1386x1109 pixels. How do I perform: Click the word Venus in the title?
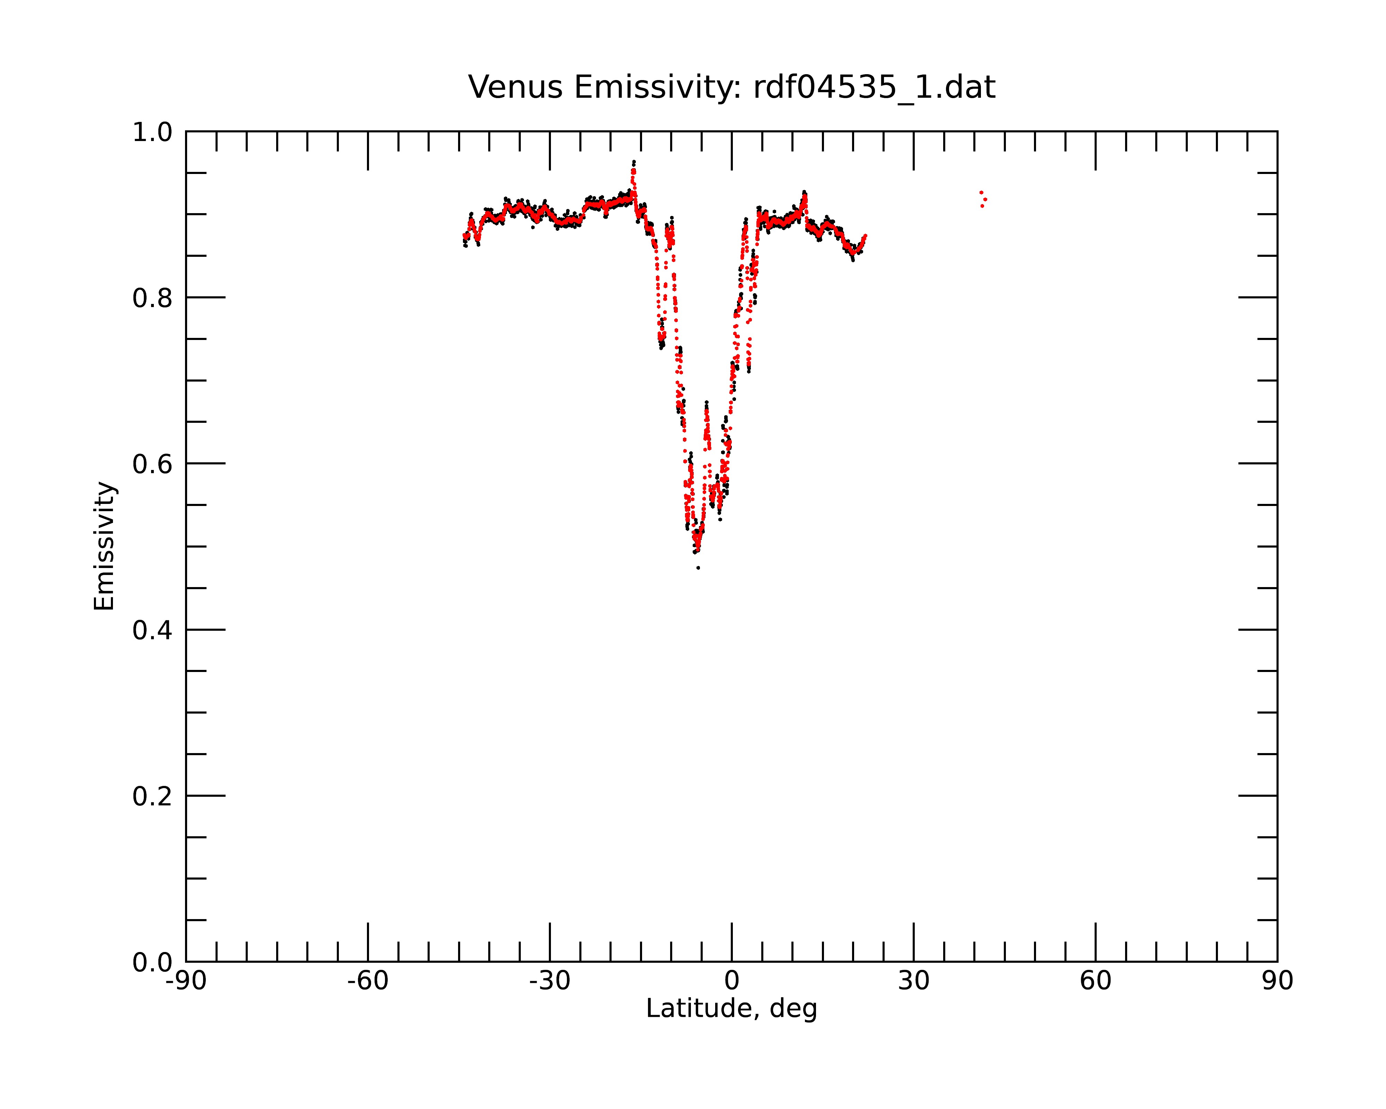pos(515,87)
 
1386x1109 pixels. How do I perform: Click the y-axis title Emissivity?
pos(104,546)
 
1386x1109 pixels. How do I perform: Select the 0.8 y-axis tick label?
pos(152,298)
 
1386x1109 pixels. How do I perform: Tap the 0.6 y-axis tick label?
pos(152,464)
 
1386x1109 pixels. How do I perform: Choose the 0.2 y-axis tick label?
pos(152,796)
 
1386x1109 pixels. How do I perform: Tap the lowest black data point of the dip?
pos(698,568)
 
